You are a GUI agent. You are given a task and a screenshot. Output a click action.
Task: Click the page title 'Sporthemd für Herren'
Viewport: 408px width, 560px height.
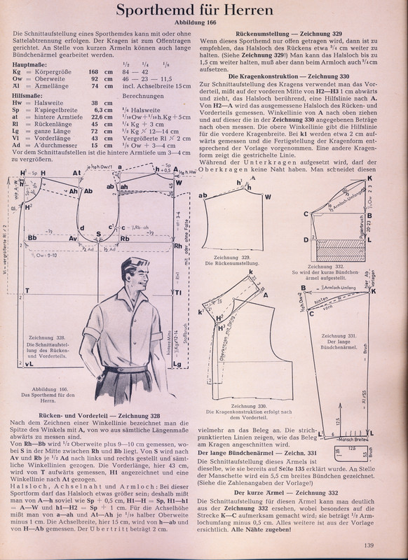point(204,11)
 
